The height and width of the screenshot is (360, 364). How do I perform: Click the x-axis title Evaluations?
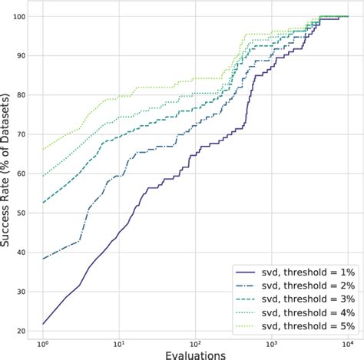pyautogui.click(x=195, y=354)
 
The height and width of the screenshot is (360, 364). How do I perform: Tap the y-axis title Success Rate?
pyautogui.click(x=7, y=173)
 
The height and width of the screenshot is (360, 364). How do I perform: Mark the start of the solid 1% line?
pyautogui.click(x=43, y=323)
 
